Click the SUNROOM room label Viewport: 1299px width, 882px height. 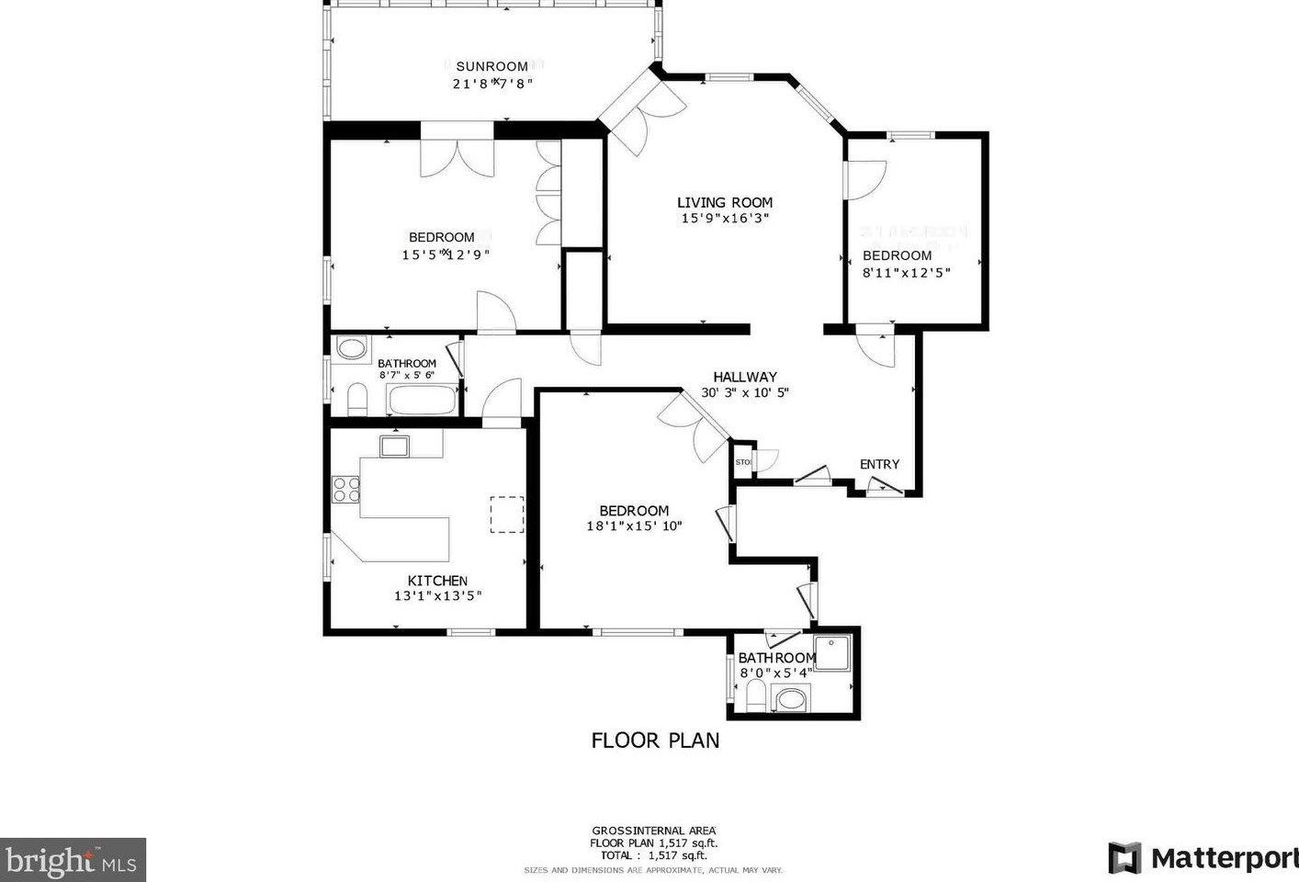(x=492, y=66)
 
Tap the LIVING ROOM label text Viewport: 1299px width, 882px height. (x=725, y=203)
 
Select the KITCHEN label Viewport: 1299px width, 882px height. (x=437, y=581)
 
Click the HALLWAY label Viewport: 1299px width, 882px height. (x=745, y=377)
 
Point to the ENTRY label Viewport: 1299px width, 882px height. (x=879, y=465)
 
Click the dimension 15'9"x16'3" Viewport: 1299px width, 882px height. (x=725, y=219)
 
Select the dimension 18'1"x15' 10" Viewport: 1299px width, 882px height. (x=634, y=526)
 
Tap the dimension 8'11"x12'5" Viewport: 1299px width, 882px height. (x=906, y=272)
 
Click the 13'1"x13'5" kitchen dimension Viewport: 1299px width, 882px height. (x=437, y=596)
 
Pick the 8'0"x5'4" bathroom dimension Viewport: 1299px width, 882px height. (x=776, y=673)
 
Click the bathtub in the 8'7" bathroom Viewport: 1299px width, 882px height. (x=422, y=401)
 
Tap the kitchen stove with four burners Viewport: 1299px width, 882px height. (x=346, y=489)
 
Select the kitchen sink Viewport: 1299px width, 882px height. (x=395, y=447)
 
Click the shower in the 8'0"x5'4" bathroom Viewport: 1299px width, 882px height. (x=833, y=652)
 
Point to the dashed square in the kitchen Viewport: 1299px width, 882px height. (x=506, y=514)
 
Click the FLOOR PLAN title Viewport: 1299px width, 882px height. (x=655, y=741)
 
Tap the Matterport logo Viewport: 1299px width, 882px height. (x=1203, y=858)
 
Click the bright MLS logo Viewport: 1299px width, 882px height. (x=73, y=861)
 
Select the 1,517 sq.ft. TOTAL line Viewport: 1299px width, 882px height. (x=653, y=855)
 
